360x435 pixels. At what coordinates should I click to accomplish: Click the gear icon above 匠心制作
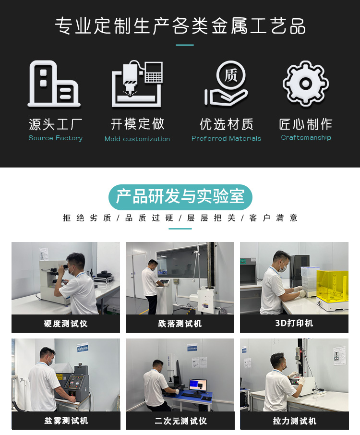[x=306, y=83]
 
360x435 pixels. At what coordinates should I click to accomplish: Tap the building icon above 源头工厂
[x=54, y=84]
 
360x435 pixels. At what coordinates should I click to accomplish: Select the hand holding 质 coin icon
[x=226, y=84]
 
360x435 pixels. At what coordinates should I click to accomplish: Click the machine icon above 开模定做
[x=137, y=84]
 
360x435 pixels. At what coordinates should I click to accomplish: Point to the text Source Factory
[x=56, y=138]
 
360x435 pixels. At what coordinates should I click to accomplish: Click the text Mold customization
[x=137, y=139]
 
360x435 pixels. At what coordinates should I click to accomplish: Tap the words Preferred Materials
[x=226, y=138]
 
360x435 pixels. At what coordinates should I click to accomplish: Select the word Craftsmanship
[x=306, y=138]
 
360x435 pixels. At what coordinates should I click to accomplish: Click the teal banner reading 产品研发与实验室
[x=180, y=197]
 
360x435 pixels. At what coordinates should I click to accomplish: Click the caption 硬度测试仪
[x=66, y=324]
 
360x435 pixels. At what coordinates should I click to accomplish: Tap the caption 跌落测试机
[x=180, y=324]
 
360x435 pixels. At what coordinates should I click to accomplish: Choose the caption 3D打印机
[x=294, y=323]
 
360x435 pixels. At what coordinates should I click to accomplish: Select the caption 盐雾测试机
[x=66, y=421]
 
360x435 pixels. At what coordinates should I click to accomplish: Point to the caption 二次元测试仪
[x=180, y=421]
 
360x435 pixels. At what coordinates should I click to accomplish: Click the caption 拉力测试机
[x=295, y=421]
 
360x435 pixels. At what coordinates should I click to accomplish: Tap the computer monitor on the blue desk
[x=198, y=386]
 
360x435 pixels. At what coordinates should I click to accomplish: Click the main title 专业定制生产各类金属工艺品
[x=180, y=26]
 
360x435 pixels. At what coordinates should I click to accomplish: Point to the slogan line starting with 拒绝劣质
[x=180, y=218]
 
